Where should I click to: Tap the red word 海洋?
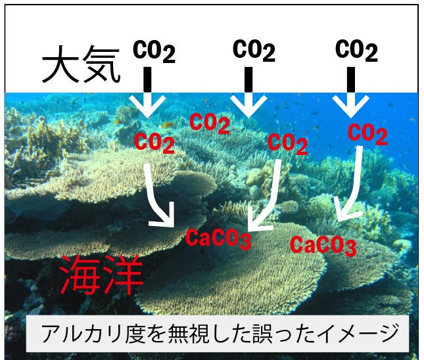(x=101, y=274)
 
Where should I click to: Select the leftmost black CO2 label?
(x=154, y=52)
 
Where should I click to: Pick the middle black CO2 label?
(x=253, y=50)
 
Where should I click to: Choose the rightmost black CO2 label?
(x=356, y=51)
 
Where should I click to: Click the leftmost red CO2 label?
(x=155, y=141)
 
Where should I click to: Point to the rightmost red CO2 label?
(x=367, y=134)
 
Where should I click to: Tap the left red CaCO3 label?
(x=219, y=238)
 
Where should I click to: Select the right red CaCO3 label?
(x=323, y=246)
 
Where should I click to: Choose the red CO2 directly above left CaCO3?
(x=288, y=142)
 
